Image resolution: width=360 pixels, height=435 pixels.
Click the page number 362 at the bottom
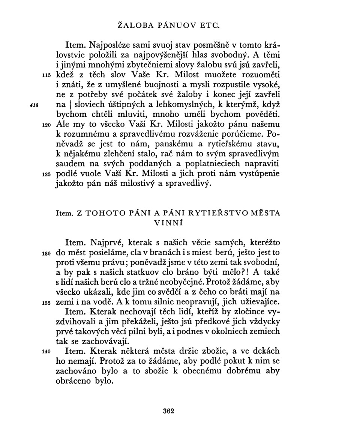click(169, 411)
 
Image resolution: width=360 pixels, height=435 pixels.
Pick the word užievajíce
click(251, 302)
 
